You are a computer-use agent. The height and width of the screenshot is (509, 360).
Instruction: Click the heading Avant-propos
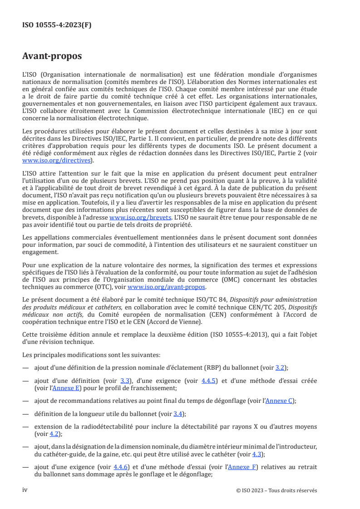pyautogui.click(x=52, y=56)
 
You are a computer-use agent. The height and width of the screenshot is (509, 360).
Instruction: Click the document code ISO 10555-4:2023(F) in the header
pyautogui.click(x=57, y=25)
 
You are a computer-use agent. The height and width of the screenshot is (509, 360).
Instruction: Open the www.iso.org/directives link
pyautogui.click(x=58, y=160)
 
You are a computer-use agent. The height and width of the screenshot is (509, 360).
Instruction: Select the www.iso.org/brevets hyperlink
pyautogui.click(x=141, y=217)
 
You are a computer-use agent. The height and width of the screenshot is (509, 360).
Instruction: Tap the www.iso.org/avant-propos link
pyautogui.click(x=167, y=287)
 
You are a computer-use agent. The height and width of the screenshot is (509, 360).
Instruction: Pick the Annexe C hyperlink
pyautogui.click(x=278, y=401)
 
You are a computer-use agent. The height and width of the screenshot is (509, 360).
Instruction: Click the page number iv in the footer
pyautogui.click(x=25, y=490)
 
